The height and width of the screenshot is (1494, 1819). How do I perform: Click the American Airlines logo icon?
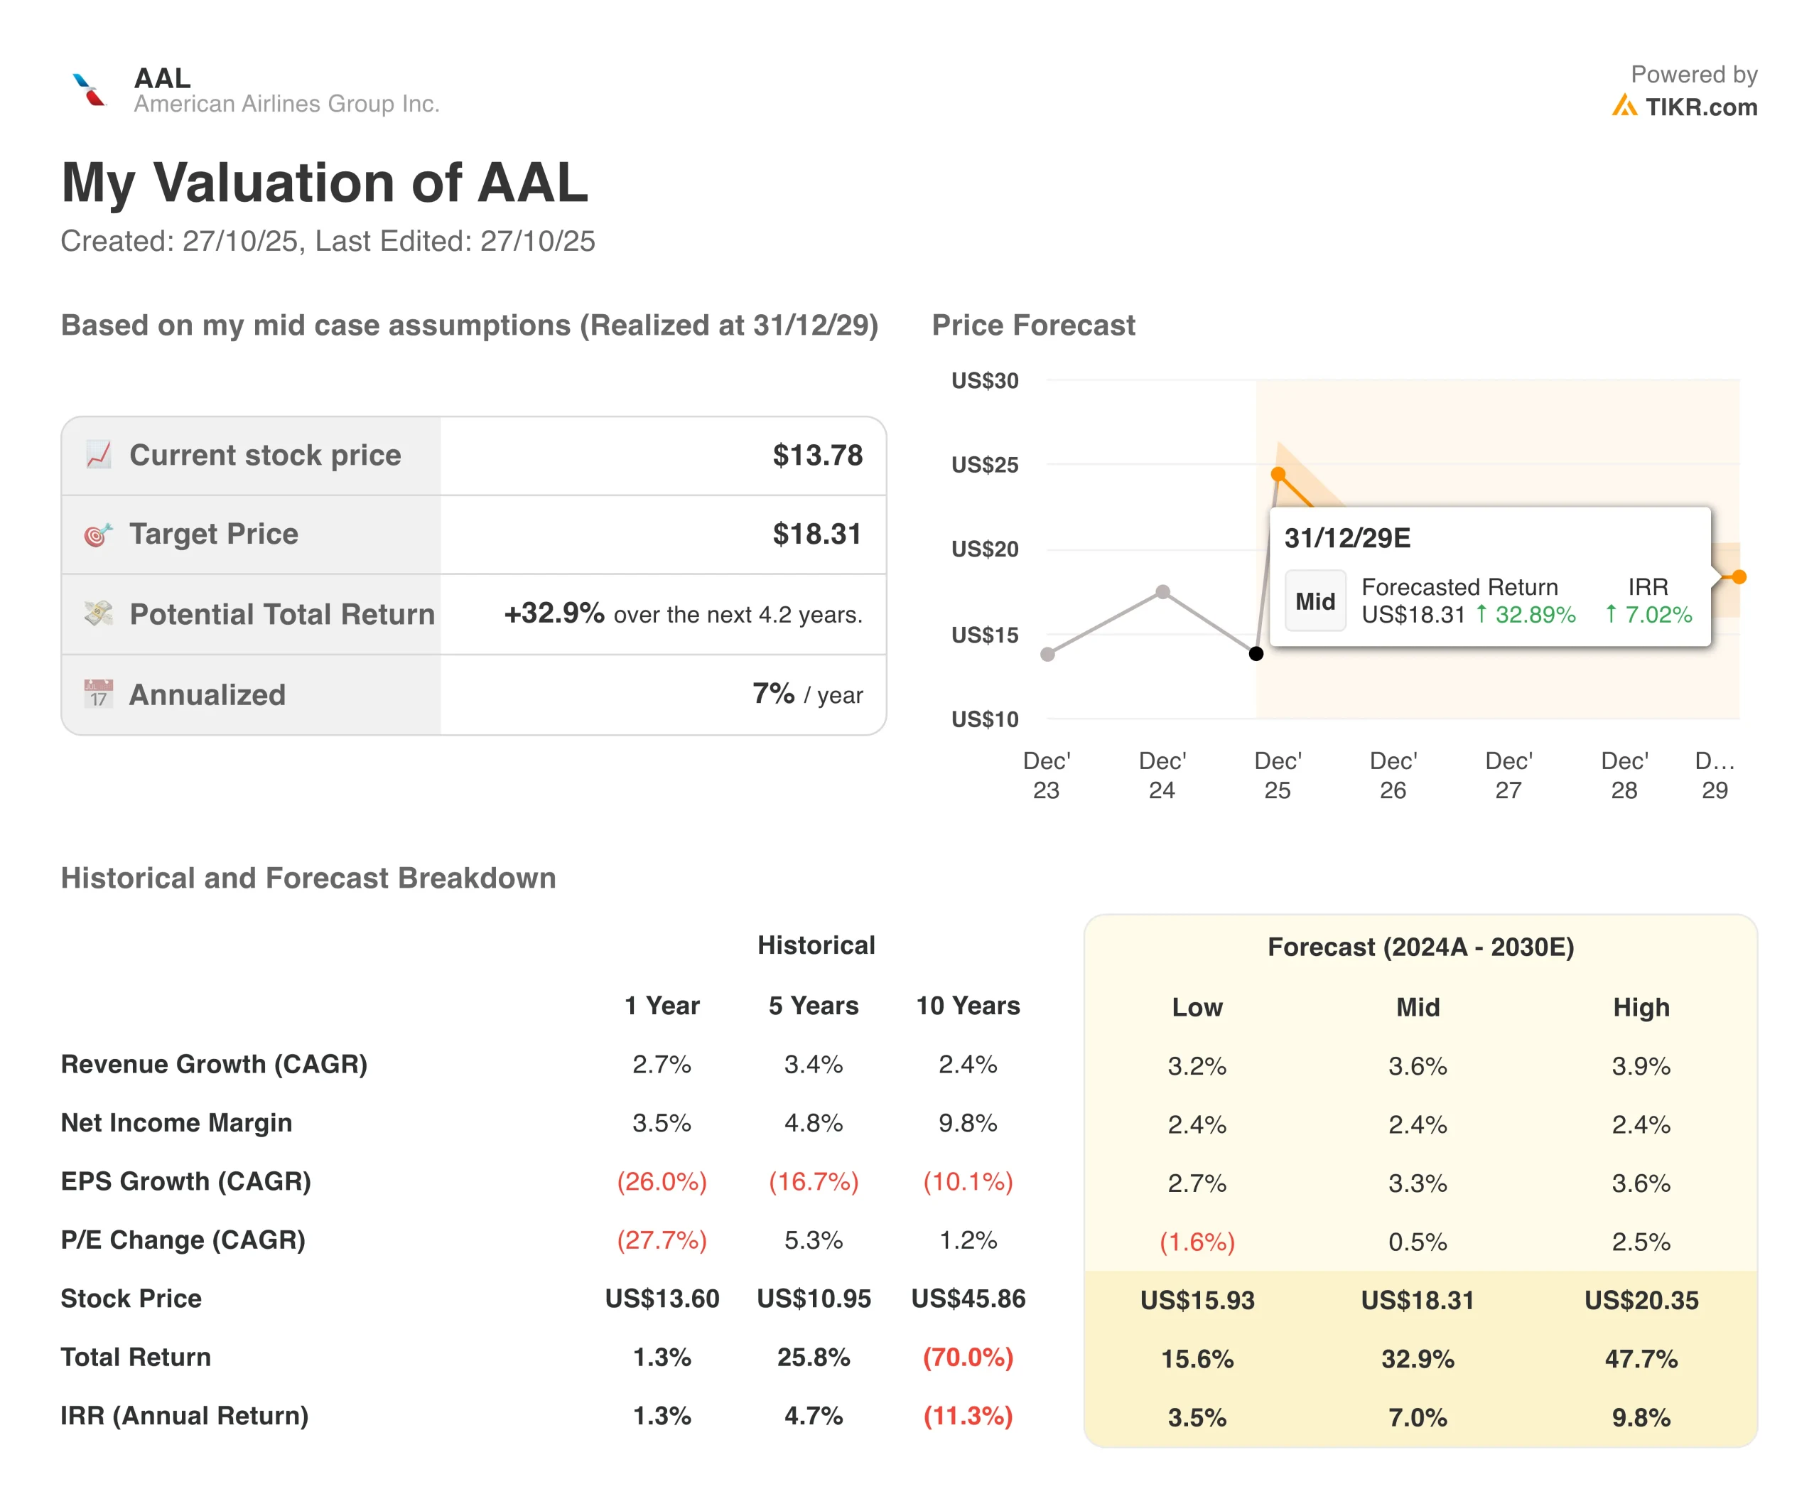[89, 90]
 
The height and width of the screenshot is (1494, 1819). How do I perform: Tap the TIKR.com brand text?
[1700, 107]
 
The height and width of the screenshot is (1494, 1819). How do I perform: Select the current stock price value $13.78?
[816, 456]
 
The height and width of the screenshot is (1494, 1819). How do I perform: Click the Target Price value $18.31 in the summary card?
[816, 534]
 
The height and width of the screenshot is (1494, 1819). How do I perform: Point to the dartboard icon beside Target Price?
[98, 534]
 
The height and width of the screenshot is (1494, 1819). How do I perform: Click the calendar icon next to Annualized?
[98, 694]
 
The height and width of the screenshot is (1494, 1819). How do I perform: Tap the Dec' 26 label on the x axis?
[1392, 775]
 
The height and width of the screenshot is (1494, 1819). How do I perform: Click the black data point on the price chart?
[1256, 654]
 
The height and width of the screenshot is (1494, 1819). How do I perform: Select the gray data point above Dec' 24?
[1162, 592]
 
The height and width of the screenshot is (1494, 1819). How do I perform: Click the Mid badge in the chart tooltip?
[1315, 601]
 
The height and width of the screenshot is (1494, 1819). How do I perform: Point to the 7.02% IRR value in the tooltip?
[1657, 615]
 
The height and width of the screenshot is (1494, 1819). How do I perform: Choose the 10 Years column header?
[967, 1005]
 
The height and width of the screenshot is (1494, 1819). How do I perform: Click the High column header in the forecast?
[1640, 1007]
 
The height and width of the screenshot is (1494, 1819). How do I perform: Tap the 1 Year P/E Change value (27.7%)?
[662, 1240]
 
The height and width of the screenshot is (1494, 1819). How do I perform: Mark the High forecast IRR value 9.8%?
[1640, 1417]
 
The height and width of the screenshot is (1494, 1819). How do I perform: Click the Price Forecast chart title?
[1032, 326]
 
